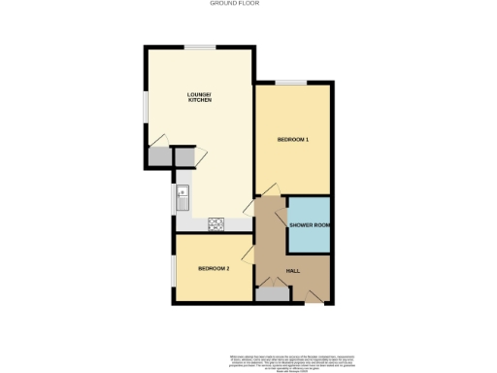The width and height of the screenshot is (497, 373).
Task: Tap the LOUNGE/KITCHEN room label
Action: click(199, 97)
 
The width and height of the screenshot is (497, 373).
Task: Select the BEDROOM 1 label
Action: click(292, 140)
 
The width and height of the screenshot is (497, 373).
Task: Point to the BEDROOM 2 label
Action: click(214, 268)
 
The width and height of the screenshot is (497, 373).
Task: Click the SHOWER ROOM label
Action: click(310, 225)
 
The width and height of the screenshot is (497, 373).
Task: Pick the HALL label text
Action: click(292, 270)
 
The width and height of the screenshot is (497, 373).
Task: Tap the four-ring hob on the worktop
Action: click(216, 224)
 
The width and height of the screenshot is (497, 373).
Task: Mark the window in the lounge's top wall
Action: click(201, 47)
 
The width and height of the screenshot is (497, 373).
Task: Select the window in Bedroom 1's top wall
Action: click(290, 82)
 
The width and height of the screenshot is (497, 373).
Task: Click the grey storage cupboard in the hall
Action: click(273, 293)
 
